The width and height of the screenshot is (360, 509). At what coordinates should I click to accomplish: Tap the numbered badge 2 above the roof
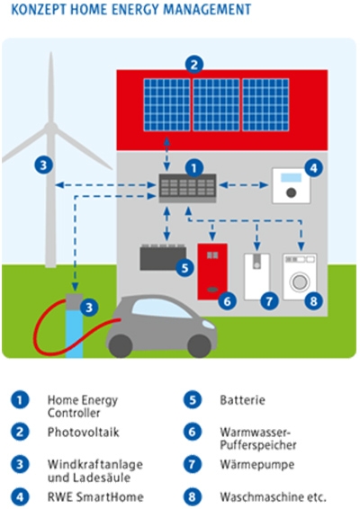click(x=194, y=65)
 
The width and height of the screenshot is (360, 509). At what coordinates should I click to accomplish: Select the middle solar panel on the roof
click(x=216, y=104)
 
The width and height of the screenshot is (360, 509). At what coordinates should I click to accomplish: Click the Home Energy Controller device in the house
click(x=187, y=188)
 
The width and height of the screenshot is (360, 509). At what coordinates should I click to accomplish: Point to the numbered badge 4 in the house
click(x=313, y=168)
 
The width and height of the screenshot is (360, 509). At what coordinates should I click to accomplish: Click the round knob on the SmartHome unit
click(x=291, y=192)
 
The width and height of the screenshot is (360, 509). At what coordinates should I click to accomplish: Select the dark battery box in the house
click(x=163, y=257)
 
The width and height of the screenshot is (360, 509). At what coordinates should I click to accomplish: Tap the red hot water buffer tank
click(x=212, y=271)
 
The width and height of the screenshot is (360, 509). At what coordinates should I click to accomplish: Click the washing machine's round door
click(x=300, y=281)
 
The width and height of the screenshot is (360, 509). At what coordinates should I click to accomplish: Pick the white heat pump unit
click(x=256, y=277)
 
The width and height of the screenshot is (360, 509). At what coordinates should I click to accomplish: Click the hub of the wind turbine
click(x=50, y=128)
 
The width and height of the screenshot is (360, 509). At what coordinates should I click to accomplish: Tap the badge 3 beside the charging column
click(x=89, y=307)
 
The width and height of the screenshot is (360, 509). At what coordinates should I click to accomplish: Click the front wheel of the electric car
click(x=200, y=346)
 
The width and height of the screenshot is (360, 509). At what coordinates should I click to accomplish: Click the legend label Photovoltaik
click(x=84, y=432)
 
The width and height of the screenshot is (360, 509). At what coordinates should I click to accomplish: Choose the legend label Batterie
click(x=242, y=400)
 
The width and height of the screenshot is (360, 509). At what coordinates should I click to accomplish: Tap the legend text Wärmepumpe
click(x=257, y=465)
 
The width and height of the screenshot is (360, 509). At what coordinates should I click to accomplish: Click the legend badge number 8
click(x=193, y=496)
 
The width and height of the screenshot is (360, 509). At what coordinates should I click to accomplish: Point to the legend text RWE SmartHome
click(x=95, y=496)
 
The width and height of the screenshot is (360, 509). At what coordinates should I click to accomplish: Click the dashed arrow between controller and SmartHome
click(x=244, y=185)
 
